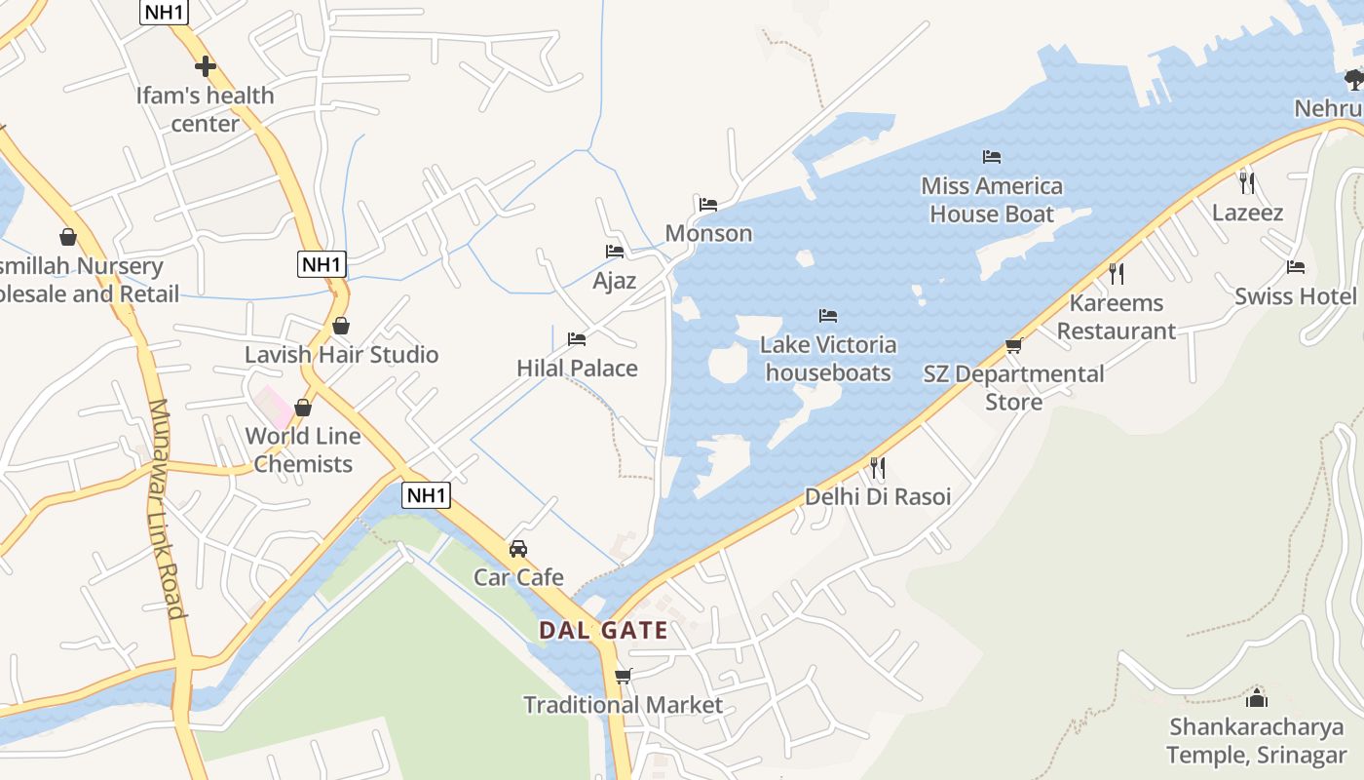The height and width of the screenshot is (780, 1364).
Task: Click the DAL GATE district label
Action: [604, 630]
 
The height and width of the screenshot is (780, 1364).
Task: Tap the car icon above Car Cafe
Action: [518, 549]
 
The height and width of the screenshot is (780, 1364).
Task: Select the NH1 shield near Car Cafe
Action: [427, 495]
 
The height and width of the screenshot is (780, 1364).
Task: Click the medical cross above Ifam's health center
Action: [205, 66]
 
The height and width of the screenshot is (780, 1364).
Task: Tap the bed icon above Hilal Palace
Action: [577, 339]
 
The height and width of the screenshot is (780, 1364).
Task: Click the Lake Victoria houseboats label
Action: [828, 358]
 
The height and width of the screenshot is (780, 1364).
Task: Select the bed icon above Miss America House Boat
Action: [992, 156]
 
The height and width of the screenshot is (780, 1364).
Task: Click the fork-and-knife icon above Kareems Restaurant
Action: [1117, 273]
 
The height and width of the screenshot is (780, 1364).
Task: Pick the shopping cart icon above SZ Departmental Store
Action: [1013, 345]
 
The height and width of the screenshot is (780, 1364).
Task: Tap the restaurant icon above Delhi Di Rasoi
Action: [877, 468]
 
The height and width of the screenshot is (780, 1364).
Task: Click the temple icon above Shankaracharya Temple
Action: [1257, 698]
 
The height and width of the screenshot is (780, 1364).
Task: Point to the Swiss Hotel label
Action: [1295, 296]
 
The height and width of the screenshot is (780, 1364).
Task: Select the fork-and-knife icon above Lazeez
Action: [1246, 182]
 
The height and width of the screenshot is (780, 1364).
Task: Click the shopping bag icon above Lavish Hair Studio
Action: [341, 326]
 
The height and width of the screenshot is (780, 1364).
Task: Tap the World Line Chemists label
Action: [303, 449]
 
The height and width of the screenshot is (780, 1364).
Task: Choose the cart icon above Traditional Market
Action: [624, 676]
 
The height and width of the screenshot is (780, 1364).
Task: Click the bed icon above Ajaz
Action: [615, 252]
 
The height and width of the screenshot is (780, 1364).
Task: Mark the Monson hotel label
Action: [708, 233]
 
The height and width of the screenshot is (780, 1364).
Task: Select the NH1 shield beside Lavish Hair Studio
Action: [322, 264]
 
